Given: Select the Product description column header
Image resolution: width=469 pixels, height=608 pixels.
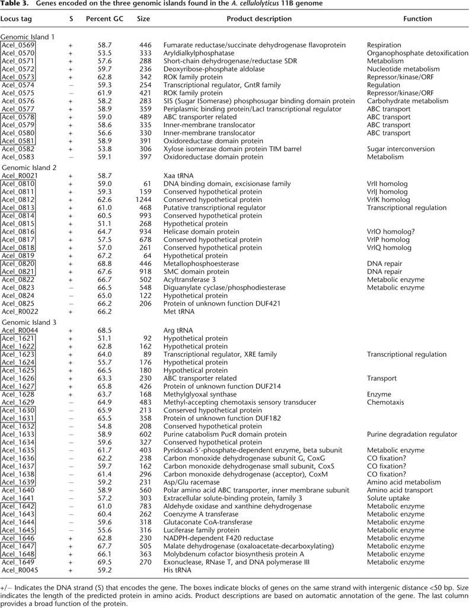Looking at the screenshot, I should tap(259, 19).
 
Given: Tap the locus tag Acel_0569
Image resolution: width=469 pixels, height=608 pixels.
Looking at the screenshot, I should tap(18, 45).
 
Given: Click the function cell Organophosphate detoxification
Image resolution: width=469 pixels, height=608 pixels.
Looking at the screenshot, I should tap(417, 53).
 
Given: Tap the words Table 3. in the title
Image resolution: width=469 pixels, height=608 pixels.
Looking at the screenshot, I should tap(14, 5).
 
